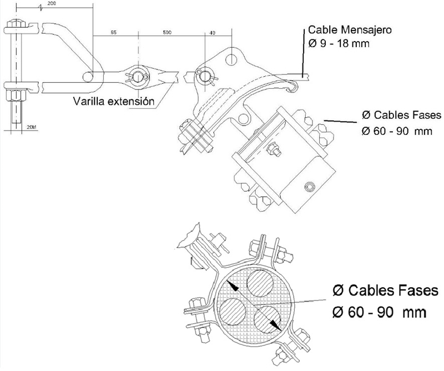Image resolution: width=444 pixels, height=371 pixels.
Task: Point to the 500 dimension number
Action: tap(167, 33)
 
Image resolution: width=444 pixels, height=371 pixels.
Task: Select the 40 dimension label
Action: tap(212, 33)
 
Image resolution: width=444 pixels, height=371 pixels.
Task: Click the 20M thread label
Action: tap(31, 126)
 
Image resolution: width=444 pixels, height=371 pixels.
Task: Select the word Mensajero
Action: tap(365, 29)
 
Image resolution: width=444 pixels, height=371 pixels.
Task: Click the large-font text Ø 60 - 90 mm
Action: tap(379, 312)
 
